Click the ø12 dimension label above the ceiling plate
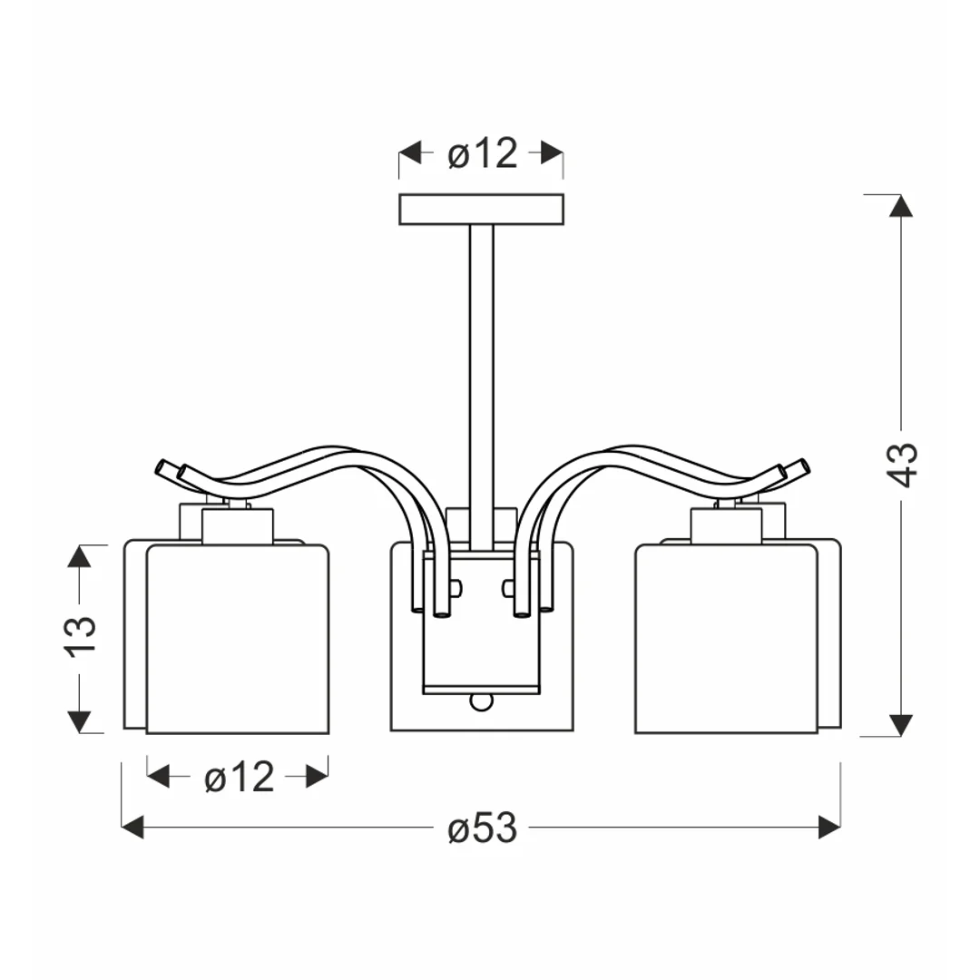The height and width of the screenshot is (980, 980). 483,153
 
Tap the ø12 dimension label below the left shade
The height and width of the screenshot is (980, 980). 240,778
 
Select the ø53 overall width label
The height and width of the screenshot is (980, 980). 483,828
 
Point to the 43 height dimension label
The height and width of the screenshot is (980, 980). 903,465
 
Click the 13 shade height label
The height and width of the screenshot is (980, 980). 81,637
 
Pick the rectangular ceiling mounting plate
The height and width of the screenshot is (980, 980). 481,210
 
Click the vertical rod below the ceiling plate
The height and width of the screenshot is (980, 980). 481,387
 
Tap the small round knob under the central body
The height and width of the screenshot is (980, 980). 481,701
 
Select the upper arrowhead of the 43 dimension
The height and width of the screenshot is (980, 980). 901,206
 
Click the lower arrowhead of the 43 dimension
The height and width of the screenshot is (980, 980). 901,725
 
